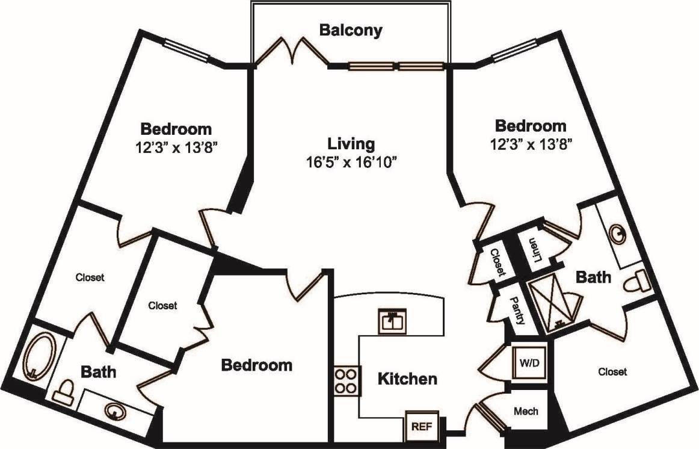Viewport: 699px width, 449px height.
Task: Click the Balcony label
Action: click(350, 30)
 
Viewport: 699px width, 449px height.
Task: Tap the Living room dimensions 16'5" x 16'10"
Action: click(351, 162)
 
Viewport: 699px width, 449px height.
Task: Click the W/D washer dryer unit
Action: click(529, 363)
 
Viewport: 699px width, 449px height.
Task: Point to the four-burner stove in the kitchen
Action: click(346, 380)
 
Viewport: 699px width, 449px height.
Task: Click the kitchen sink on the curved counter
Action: click(393, 321)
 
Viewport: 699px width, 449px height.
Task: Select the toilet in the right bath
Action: click(635, 281)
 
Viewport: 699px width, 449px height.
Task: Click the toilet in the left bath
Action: click(64, 392)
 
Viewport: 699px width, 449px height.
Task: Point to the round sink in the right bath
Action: click(618, 233)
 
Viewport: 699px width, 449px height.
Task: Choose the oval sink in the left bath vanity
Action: click(114, 411)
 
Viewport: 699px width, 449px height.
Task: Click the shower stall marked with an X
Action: click(551, 306)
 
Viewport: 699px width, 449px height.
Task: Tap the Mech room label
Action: click(526, 412)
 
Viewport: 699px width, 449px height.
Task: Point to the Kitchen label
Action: click(407, 379)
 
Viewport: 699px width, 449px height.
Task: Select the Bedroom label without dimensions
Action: click(257, 365)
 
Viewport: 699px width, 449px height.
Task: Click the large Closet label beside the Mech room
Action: click(612, 372)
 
